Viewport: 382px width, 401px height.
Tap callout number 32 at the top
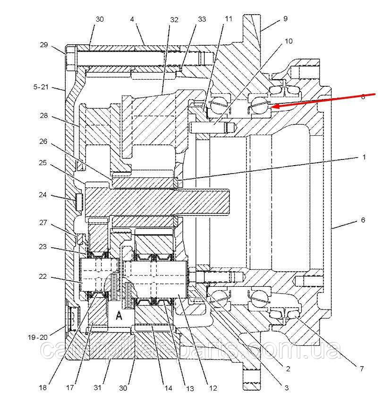click(174, 19)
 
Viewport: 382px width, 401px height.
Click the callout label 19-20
click(37, 337)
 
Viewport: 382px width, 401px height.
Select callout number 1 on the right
click(364, 157)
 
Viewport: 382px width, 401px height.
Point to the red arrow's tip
click(272, 107)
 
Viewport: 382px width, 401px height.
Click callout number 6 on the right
click(363, 220)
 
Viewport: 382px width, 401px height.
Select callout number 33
click(202, 19)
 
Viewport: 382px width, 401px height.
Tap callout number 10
click(288, 41)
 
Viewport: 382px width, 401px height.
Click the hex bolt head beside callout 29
click(71, 58)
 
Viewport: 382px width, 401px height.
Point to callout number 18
click(43, 388)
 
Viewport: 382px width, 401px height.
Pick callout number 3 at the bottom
click(286, 388)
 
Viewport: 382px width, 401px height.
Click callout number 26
click(44, 141)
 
